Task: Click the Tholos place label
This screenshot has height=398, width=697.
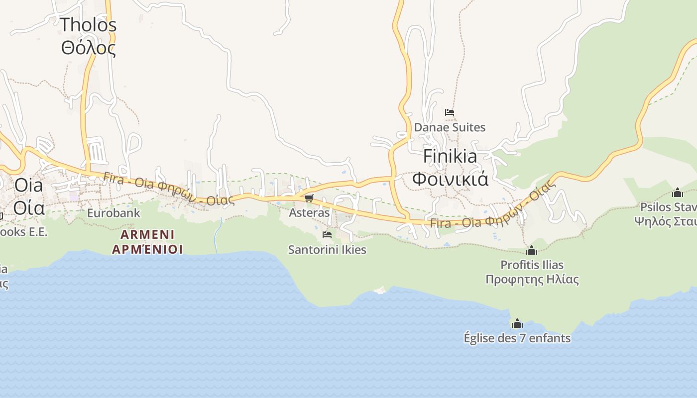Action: [x=89, y=25]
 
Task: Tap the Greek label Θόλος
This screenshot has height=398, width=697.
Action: [x=89, y=48]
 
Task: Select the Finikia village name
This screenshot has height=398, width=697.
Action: [x=450, y=156]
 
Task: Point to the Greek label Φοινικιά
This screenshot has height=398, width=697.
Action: [x=450, y=179]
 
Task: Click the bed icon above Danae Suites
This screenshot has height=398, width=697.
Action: [x=450, y=112]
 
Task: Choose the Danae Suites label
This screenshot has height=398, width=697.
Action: [x=450, y=127]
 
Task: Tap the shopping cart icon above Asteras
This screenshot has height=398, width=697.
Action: [x=309, y=199]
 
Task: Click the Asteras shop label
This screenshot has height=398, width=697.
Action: [x=309, y=213]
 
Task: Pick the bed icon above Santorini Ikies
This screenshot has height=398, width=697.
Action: [x=327, y=235]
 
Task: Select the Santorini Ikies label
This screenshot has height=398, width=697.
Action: [x=327, y=250]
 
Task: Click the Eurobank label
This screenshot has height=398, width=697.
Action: [x=114, y=213]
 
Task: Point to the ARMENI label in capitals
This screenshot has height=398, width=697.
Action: [x=147, y=234]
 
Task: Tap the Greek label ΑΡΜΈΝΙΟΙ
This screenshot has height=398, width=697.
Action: [x=147, y=249]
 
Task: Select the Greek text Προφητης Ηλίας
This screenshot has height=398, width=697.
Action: [x=532, y=279]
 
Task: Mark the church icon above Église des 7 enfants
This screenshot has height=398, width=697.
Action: [x=517, y=324]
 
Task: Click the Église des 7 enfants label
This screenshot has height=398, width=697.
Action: [x=517, y=338]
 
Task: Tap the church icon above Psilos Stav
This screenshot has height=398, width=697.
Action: [x=677, y=193]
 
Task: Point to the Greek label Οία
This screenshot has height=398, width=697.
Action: [x=29, y=207]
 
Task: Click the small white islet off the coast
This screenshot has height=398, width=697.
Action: [x=380, y=290]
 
